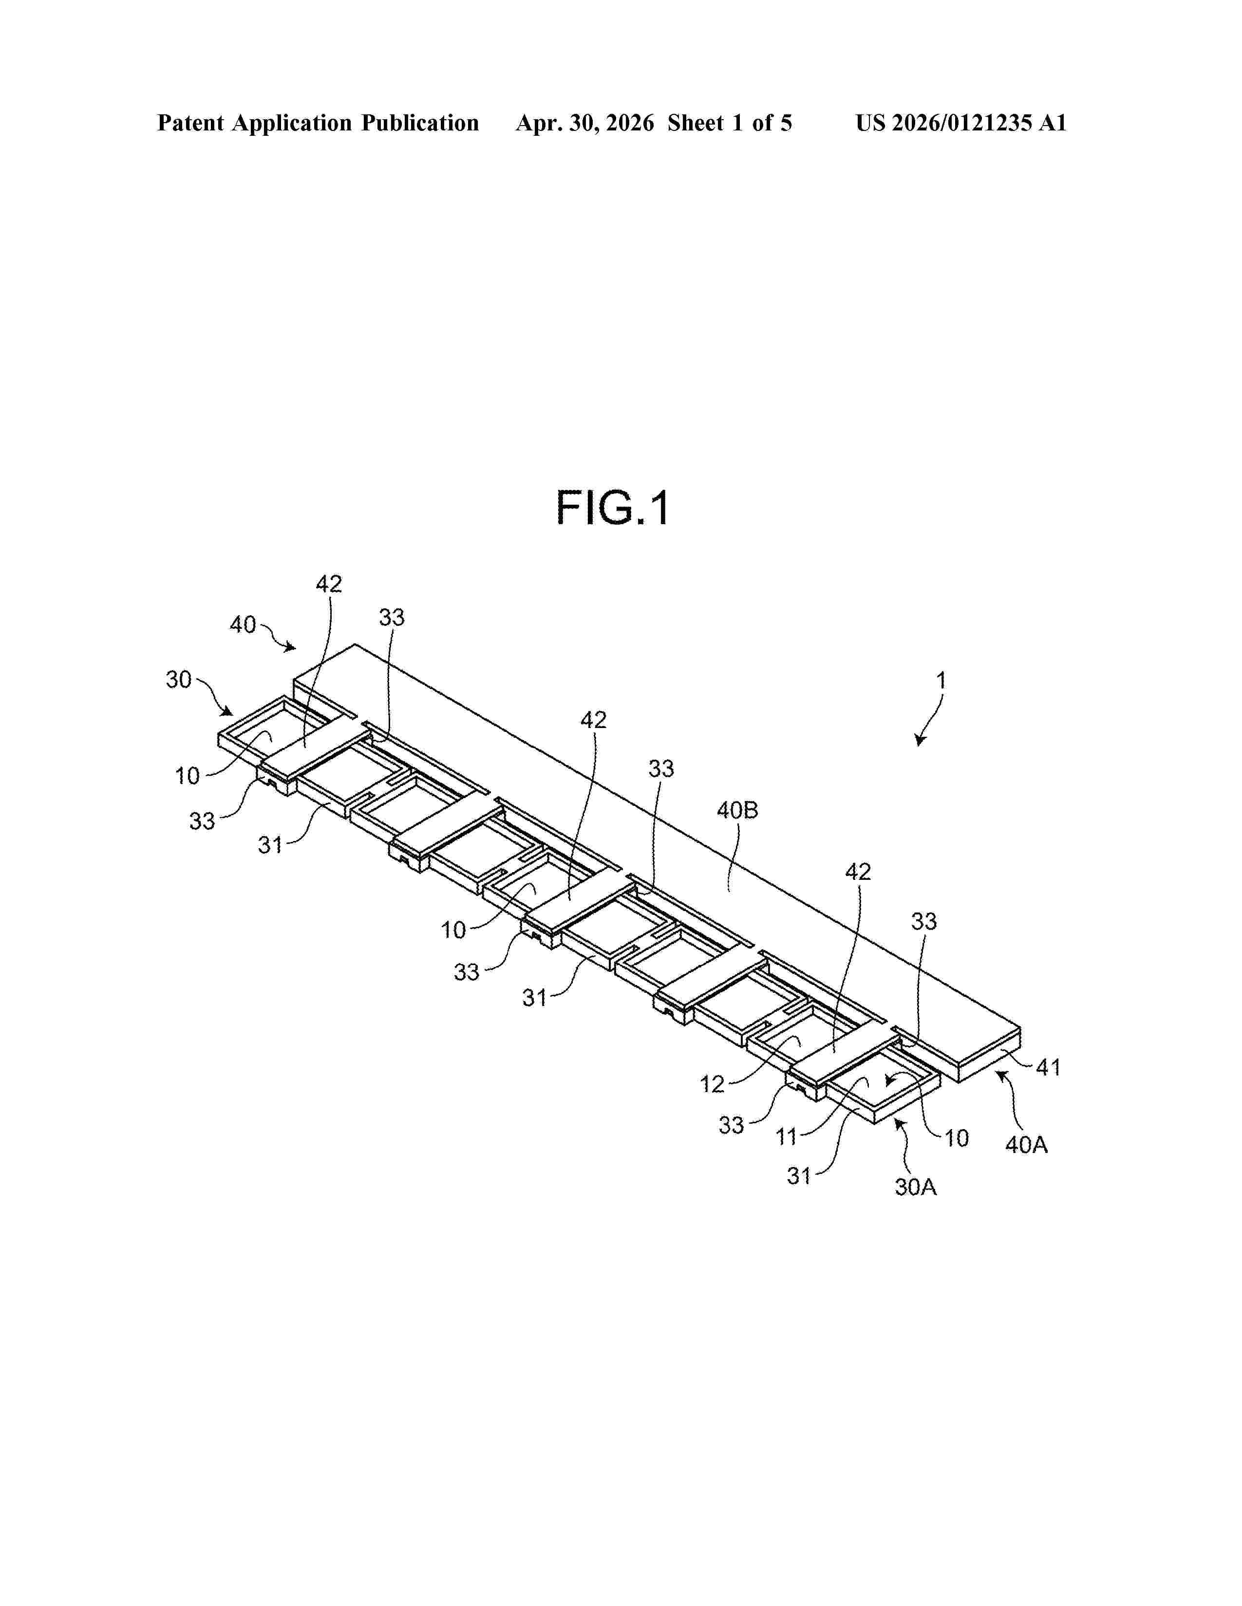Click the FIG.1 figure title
(x=613, y=508)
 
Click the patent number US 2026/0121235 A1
(x=961, y=123)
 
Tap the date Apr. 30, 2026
(x=585, y=123)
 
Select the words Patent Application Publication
(x=318, y=123)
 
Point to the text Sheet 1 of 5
(x=730, y=123)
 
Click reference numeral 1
(x=941, y=680)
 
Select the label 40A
(x=1026, y=1145)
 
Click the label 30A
(x=915, y=1187)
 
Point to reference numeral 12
(x=712, y=1084)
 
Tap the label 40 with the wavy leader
(x=243, y=624)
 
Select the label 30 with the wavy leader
(x=179, y=679)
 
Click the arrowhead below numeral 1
(x=919, y=741)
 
